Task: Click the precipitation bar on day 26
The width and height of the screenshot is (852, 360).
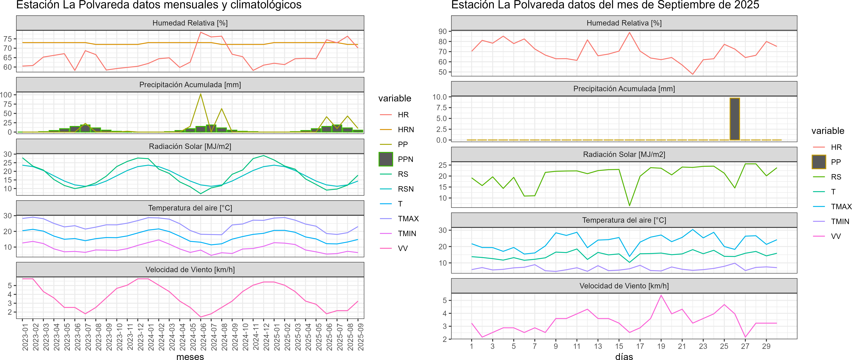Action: pyautogui.click(x=735, y=119)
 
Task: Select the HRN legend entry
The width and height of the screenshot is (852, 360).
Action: pyautogui.click(x=405, y=130)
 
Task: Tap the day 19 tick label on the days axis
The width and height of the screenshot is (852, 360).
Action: pyautogui.click(x=661, y=346)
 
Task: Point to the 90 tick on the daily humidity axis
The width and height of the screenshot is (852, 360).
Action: pyautogui.click(x=443, y=31)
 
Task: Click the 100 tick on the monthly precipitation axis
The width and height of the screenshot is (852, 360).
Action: pyautogui.click(x=6, y=95)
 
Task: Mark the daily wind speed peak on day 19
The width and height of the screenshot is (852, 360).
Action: pyautogui.click(x=661, y=295)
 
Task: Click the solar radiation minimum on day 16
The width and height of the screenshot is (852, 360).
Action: pyautogui.click(x=629, y=206)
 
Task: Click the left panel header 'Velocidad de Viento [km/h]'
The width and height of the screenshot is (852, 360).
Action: pyautogui.click(x=190, y=270)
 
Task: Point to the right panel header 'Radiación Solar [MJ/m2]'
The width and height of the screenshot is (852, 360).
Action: pyautogui.click(x=624, y=154)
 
